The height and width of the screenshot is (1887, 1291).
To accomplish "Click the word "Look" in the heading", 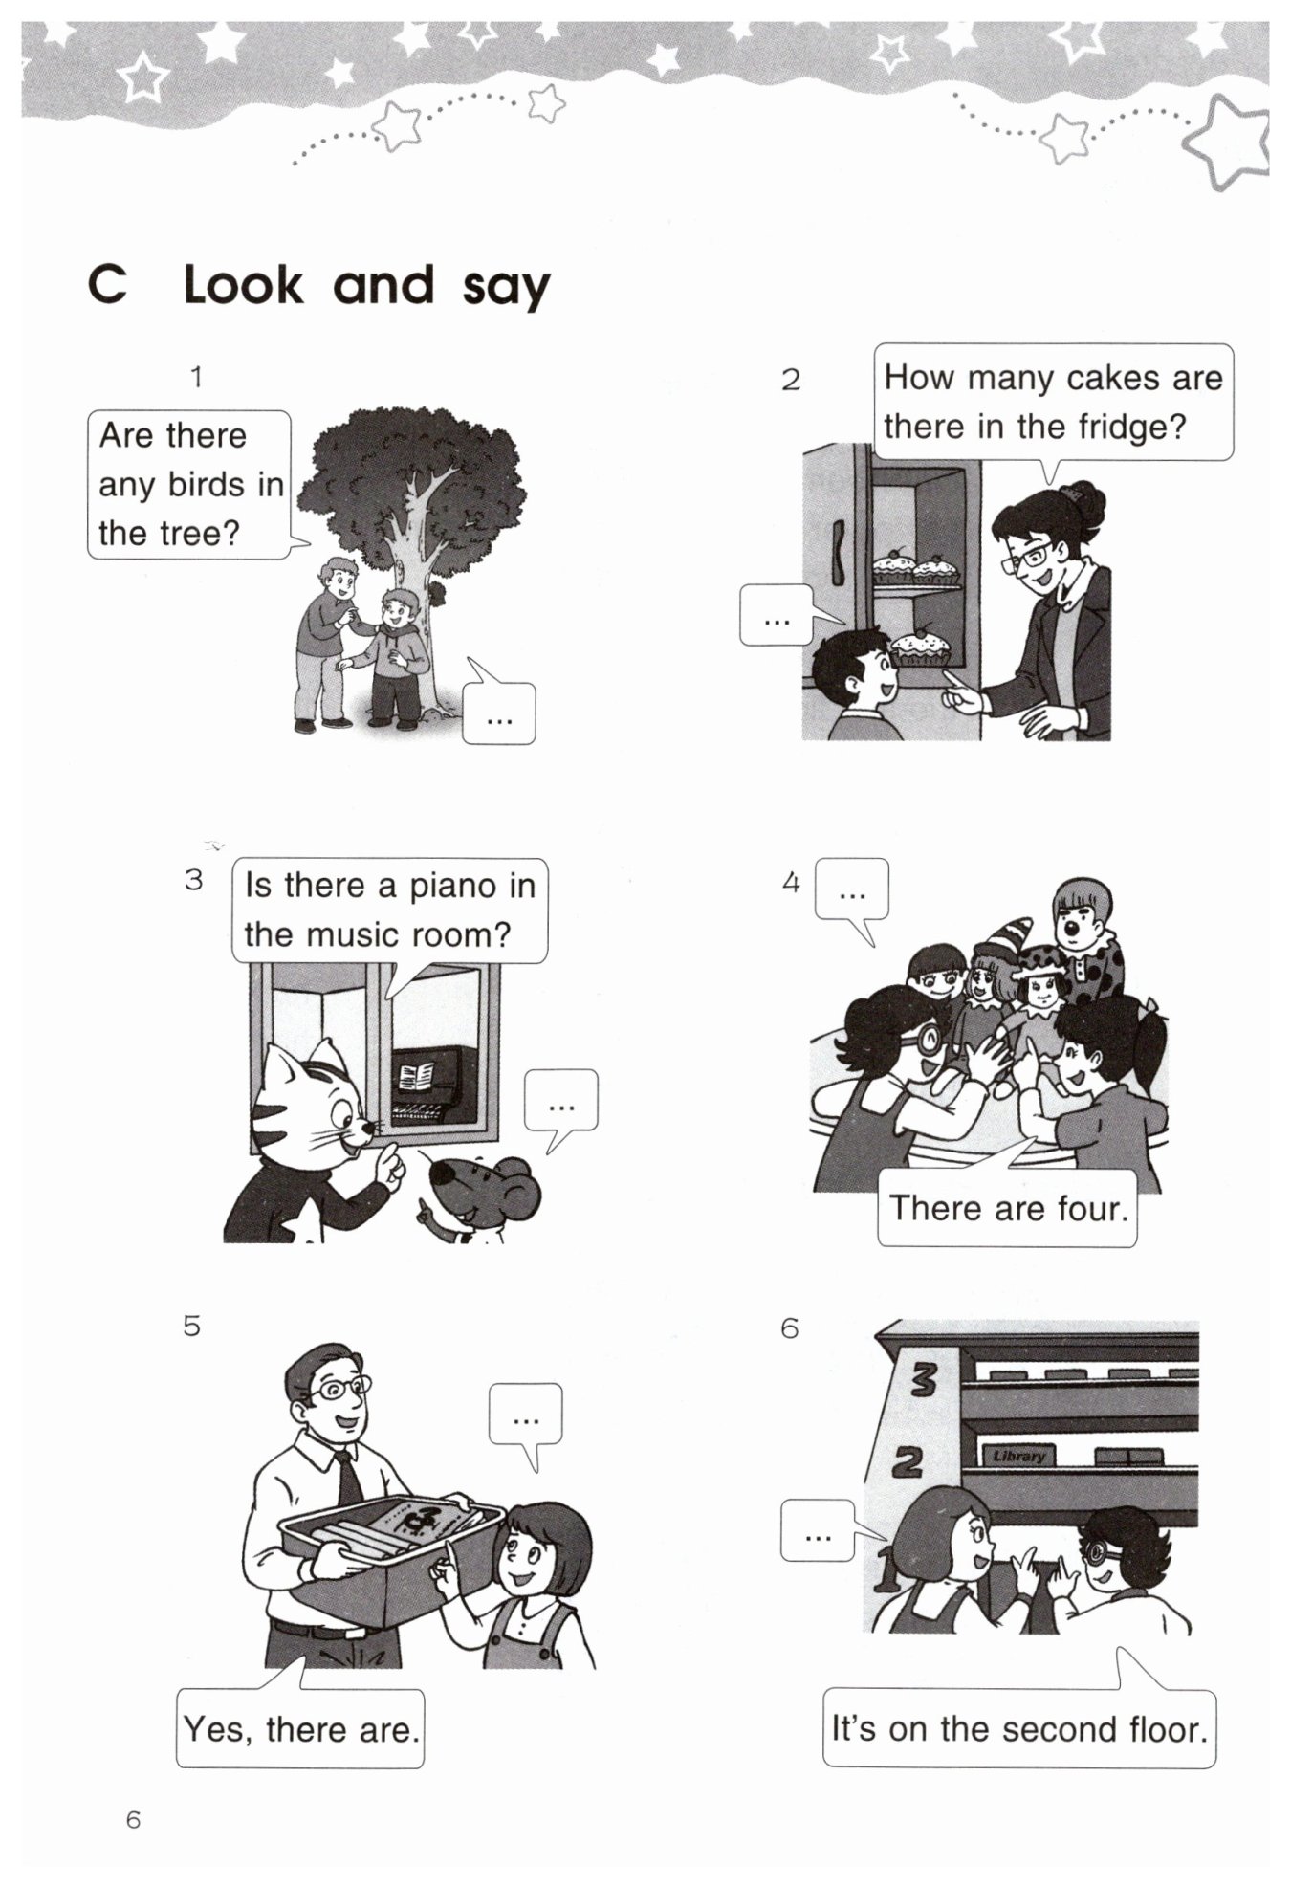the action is [x=243, y=285].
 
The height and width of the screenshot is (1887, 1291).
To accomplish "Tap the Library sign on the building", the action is [x=1018, y=1456].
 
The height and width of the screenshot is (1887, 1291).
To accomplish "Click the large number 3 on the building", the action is [x=924, y=1378].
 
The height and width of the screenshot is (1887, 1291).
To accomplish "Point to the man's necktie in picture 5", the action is [x=348, y=1477].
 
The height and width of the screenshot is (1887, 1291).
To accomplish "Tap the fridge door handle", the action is [x=839, y=552].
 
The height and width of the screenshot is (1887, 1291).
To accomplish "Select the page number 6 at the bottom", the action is [x=133, y=1819].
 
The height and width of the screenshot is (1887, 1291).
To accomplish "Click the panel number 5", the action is [x=192, y=1326].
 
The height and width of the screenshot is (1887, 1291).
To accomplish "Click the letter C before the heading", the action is [x=107, y=284].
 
